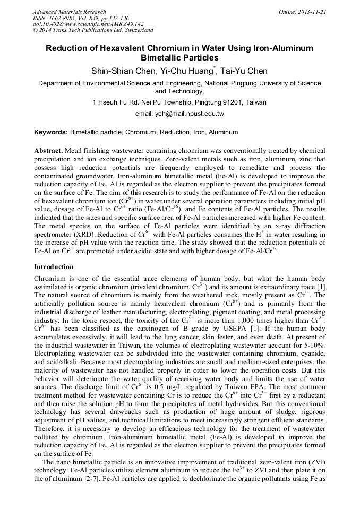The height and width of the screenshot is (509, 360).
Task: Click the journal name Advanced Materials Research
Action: pyautogui.click(x=69, y=12)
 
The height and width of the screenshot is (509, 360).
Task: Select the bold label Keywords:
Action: pyautogui.click(x=51, y=132)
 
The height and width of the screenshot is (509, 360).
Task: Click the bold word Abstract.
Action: pyautogui.click(x=48, y=151)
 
